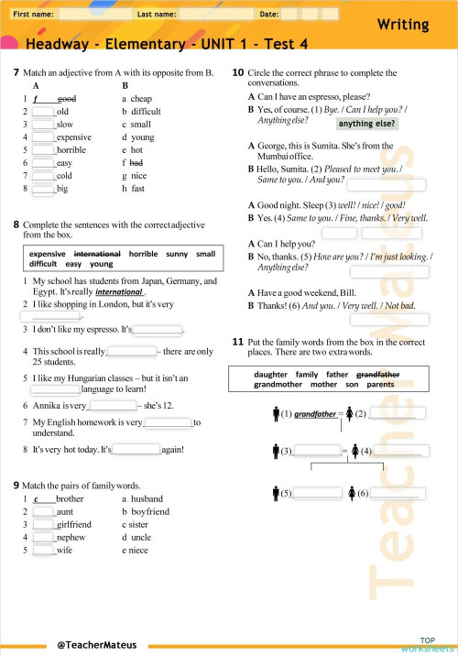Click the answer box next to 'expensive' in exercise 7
tap(43, 137)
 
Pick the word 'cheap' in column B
tap(141, 98)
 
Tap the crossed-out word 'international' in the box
tap(97, 253)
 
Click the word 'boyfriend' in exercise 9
tap(150, 511)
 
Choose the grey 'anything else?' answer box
tap(367, 124)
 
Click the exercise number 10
tap(237, 72)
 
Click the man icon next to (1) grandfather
tap(277, 414)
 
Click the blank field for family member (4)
tap(397, 450)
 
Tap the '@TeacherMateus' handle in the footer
tap(96, 644)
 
